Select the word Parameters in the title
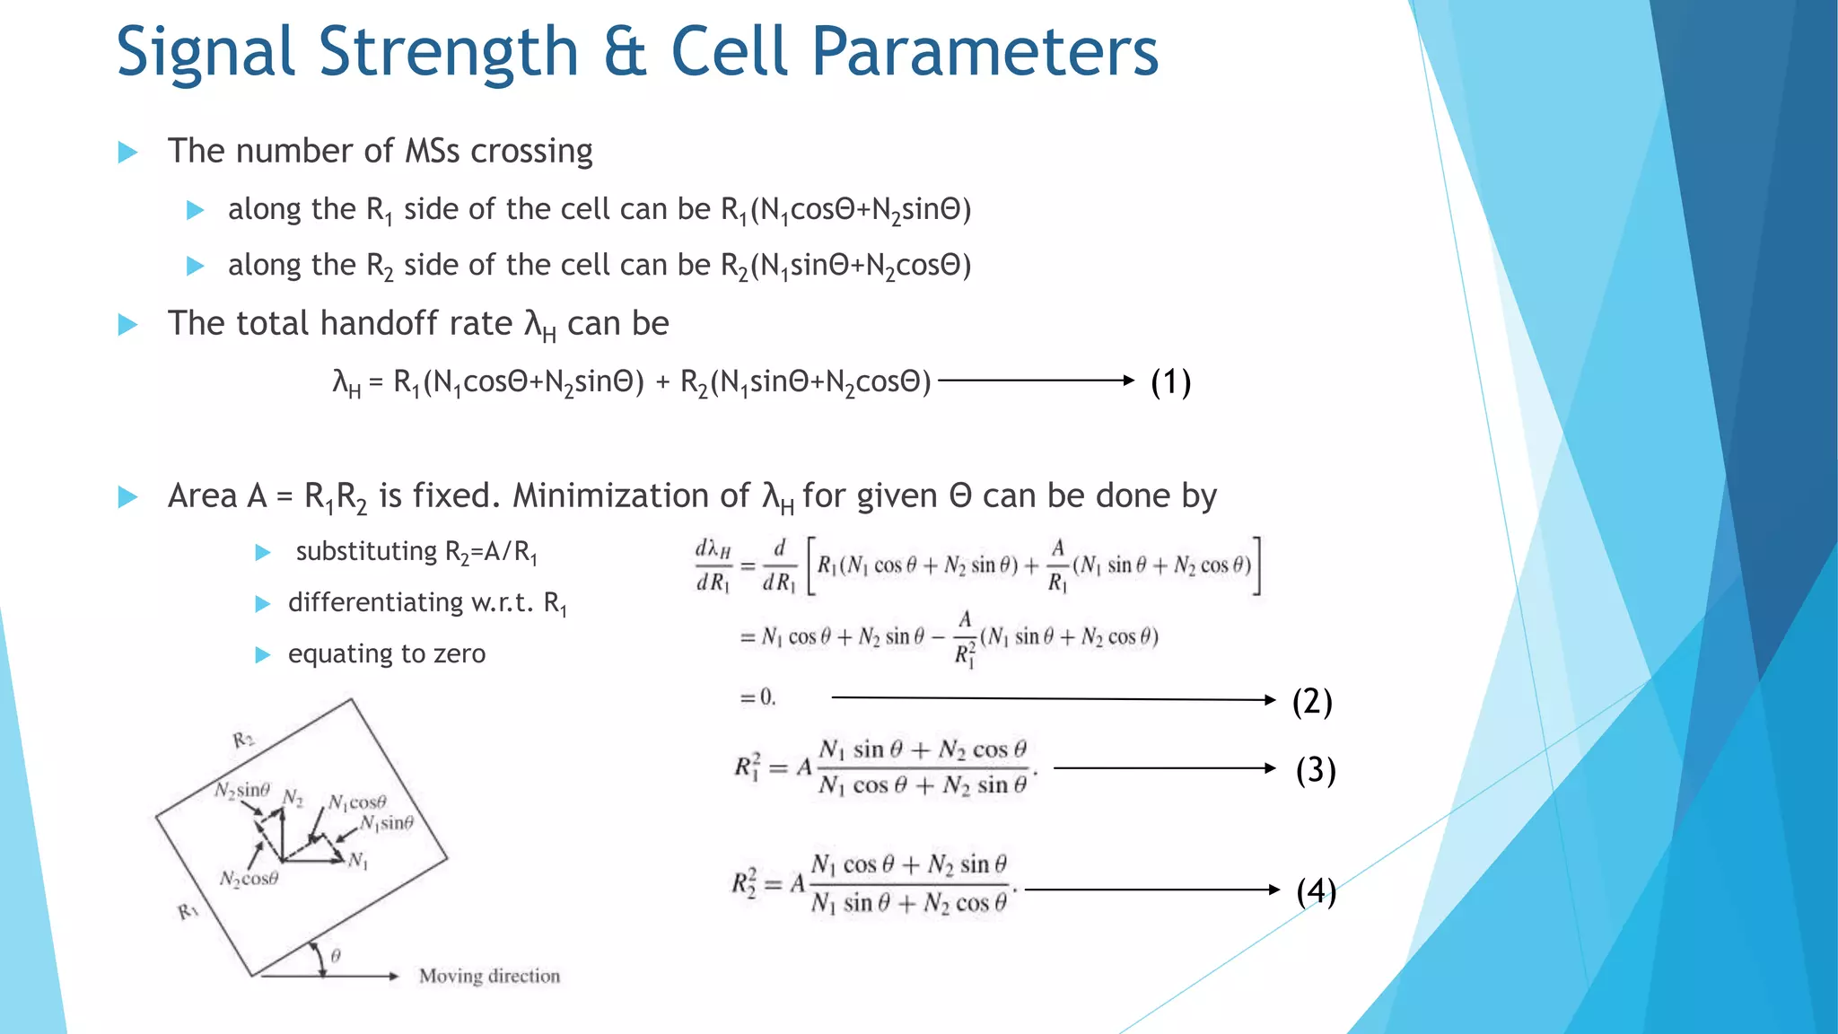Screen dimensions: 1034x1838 pos(985,52)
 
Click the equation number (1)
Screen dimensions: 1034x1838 pos(1170,382)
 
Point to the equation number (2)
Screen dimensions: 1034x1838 pos(1311,701)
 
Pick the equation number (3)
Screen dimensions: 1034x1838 pos(1315,770)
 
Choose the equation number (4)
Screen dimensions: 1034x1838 pos(1316,891)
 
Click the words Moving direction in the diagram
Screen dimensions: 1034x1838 pos(489,976)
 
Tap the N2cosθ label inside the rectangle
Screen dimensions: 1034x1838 pos(249,879)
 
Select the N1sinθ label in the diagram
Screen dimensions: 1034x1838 pos(387,823)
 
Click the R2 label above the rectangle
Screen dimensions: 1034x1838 pos(243,740)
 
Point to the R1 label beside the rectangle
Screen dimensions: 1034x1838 pos(188,912)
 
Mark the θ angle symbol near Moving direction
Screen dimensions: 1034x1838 pos(336,957)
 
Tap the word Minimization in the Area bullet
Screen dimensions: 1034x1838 pos(631,495)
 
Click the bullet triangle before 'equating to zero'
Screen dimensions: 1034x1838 pos(263,655)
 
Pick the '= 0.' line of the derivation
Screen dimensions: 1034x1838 pos(757,697)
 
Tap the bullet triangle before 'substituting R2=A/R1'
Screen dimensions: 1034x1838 pos(263,552)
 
